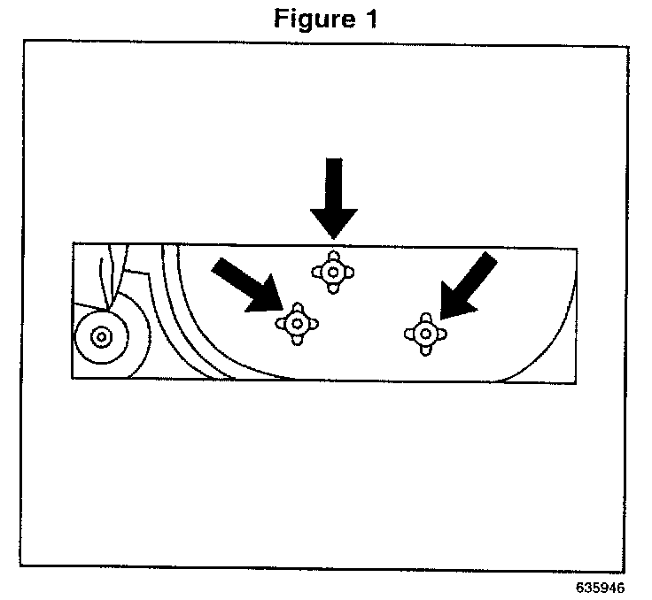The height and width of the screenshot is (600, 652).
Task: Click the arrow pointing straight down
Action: point(333,199)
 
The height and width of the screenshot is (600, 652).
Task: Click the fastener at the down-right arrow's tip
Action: point(297,323)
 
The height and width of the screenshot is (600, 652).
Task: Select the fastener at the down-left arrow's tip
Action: point(425,334)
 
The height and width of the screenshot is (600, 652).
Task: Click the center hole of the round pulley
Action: point(99,337)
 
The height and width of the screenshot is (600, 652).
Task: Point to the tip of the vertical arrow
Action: point(333,237)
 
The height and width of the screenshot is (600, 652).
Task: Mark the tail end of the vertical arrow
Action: point(333,161)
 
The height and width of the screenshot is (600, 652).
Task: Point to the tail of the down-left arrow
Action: point(491,258)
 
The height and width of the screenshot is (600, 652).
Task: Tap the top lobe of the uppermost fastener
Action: point(331,255)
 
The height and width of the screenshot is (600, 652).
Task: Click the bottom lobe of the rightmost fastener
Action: point(426,350)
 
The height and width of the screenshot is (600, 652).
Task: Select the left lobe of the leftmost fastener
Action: point(280,323)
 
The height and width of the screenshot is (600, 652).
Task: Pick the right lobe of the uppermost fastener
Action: point(348,272)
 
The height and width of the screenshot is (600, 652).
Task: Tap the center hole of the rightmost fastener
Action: point(425,334)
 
